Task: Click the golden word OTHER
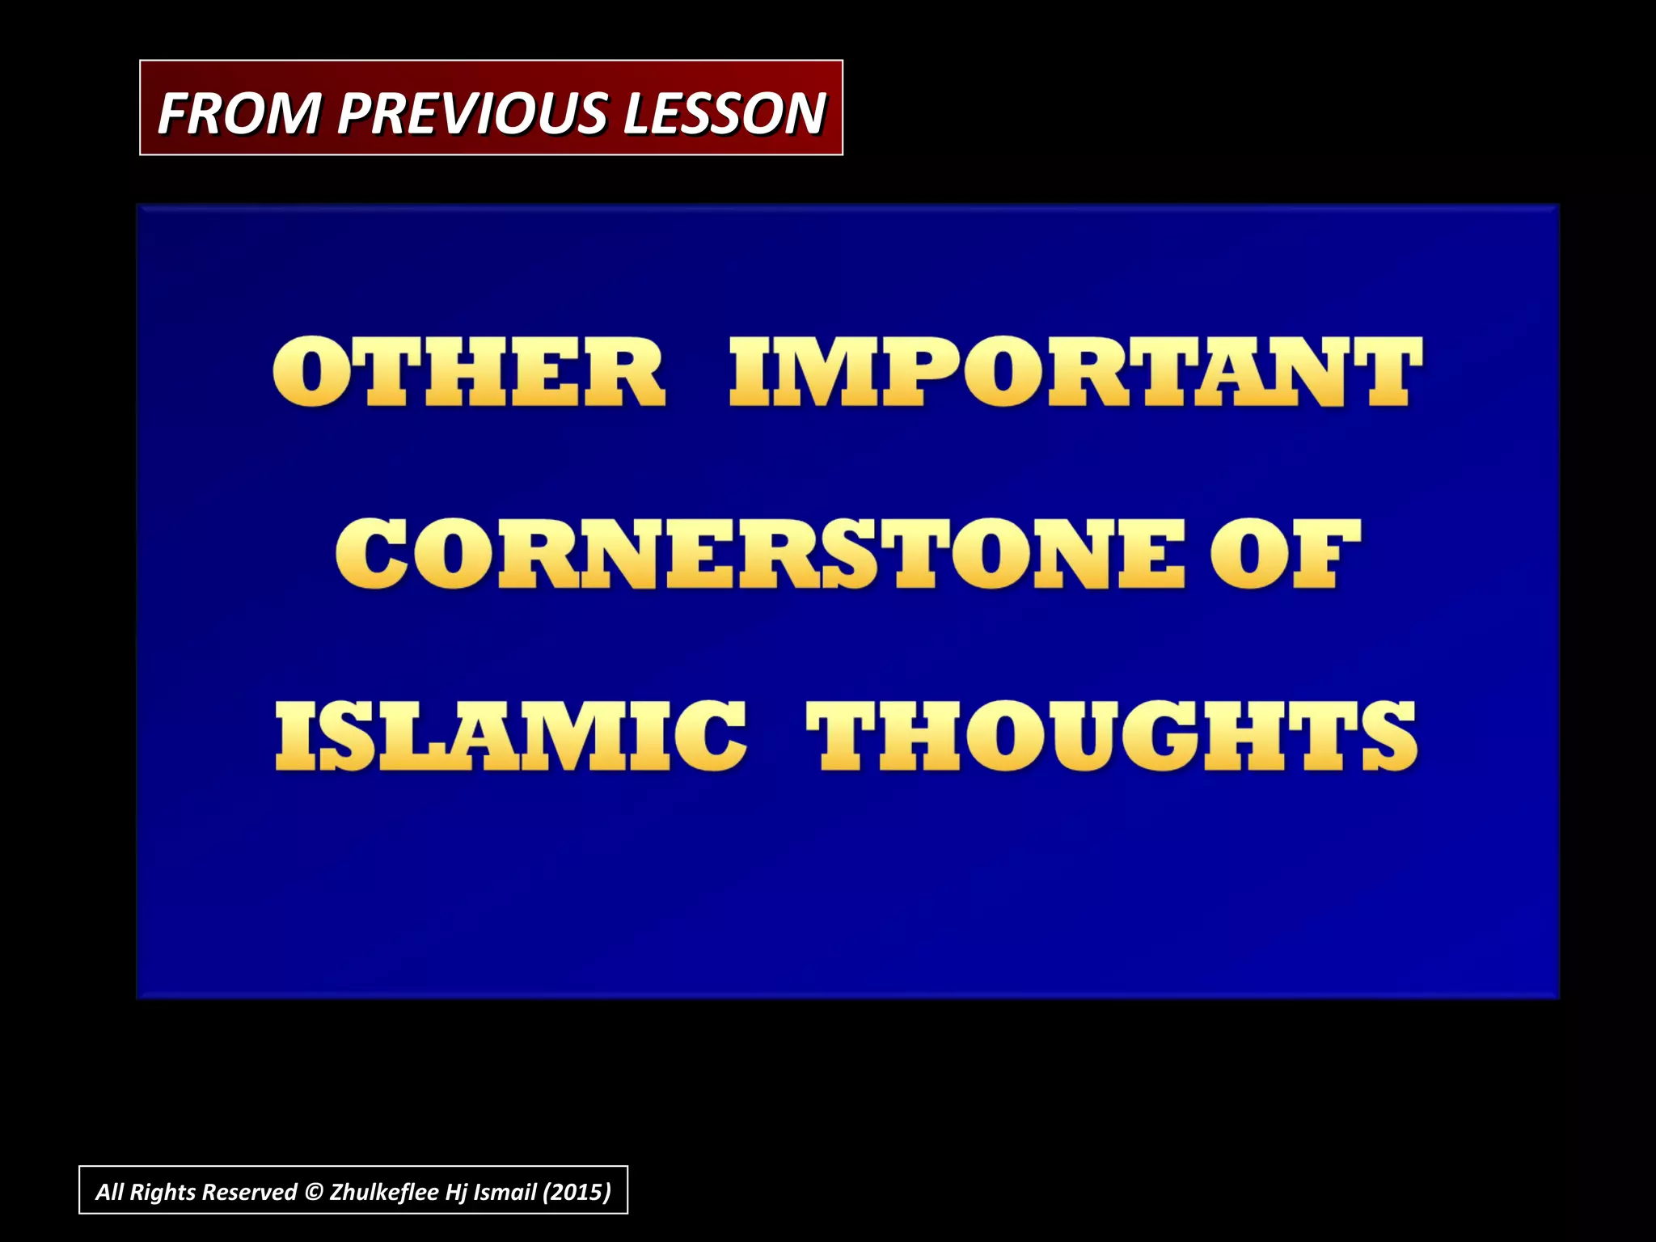click(468, 372)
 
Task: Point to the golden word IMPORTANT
click(1075, 372)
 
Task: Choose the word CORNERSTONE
click(760, 554)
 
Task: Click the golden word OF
click(1285, 554)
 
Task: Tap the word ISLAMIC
click(510, 735)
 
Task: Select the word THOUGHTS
click(1111, 735)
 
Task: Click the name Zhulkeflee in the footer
click(384, 1192)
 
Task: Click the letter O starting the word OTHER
click(310, 372)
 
